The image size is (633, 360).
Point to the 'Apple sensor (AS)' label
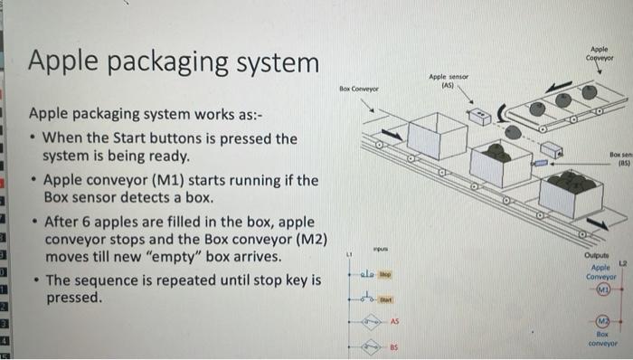(446, 82)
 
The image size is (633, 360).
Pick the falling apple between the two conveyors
(514, 131)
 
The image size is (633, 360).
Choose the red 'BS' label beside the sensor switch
(395, 346)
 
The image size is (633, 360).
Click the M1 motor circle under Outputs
(600, 289)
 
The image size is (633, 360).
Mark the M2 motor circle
(600, 325)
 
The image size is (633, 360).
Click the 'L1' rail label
(346, 255)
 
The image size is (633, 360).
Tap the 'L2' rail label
(622, 262)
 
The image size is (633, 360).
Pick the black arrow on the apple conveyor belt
(560, 84)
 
